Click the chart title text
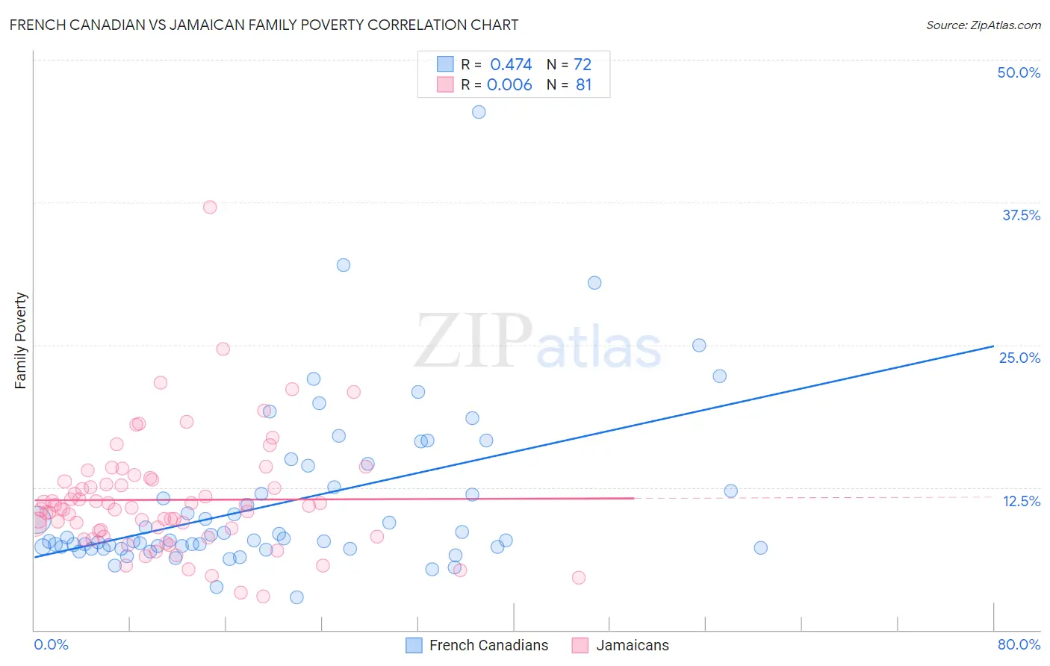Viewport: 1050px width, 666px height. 264,25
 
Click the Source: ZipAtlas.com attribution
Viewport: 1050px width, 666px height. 983,25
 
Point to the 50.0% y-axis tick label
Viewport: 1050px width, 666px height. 1019,72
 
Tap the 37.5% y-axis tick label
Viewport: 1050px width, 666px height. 1021,215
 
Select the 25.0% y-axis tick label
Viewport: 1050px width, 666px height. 1019,358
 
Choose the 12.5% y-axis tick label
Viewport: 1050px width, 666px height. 1021,501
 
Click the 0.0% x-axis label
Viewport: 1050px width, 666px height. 51,644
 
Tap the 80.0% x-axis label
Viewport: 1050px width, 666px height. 1019,644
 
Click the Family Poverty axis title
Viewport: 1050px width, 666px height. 21,340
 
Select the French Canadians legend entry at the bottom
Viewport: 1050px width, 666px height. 488,645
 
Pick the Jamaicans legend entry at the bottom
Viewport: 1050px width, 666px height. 632,645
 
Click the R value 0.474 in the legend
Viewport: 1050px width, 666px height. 511,65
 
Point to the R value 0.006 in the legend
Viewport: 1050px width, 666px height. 509,85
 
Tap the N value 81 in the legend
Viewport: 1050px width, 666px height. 583,85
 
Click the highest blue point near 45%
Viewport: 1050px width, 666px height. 479,112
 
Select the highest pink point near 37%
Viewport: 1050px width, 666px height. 210,207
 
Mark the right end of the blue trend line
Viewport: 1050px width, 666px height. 993,346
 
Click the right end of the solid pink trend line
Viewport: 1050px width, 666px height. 634,498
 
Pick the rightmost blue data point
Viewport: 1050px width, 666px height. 760,547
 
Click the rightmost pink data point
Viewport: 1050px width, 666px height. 578,577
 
